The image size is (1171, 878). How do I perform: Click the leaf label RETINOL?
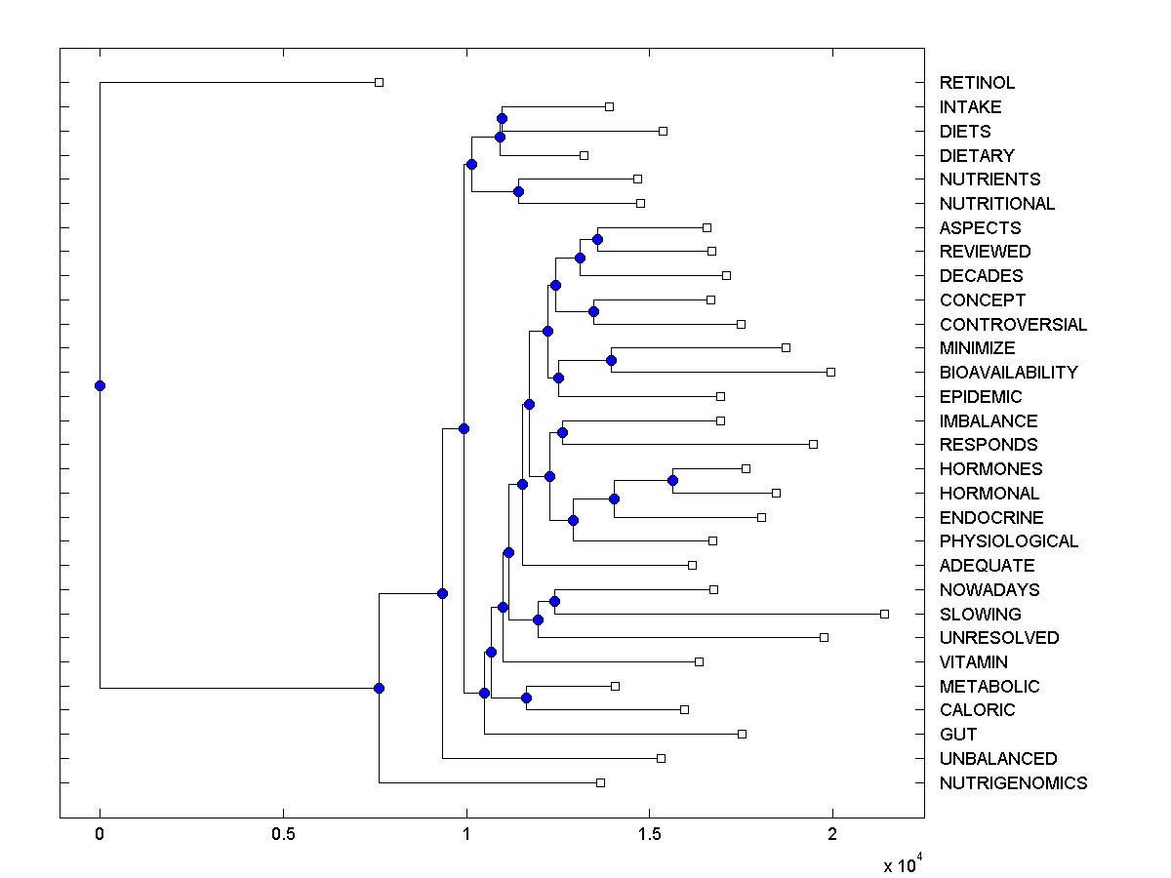pos(977,83)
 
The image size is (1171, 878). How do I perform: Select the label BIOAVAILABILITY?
pos(1008,373)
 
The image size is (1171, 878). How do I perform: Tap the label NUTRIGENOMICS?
pos(1013,783)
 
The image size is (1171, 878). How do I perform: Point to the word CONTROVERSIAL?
pos(1013,325)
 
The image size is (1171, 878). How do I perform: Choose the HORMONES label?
pos(990,469)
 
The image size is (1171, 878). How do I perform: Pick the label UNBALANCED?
pos(997,759)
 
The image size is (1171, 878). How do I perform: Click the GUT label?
pos(957,735)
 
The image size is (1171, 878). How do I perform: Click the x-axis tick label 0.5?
pos(283,834)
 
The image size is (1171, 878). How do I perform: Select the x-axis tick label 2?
pos(832,834)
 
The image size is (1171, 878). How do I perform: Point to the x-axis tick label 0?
pos(100,834)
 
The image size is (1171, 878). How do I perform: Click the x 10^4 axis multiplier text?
pos(902,864)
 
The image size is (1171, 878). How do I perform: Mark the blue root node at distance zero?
pos(100,385)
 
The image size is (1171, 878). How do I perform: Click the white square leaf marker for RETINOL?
pos(379,82)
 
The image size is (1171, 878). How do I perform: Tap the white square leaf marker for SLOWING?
pos(884,614)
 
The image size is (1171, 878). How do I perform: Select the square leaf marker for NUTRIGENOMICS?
pos(600,782)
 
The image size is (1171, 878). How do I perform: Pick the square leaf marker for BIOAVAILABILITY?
pos(830,372)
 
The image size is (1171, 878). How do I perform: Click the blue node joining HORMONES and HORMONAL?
pos(672,480)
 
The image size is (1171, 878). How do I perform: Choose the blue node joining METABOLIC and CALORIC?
pos(526,698)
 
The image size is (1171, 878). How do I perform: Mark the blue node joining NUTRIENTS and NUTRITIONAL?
pos(518,191)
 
